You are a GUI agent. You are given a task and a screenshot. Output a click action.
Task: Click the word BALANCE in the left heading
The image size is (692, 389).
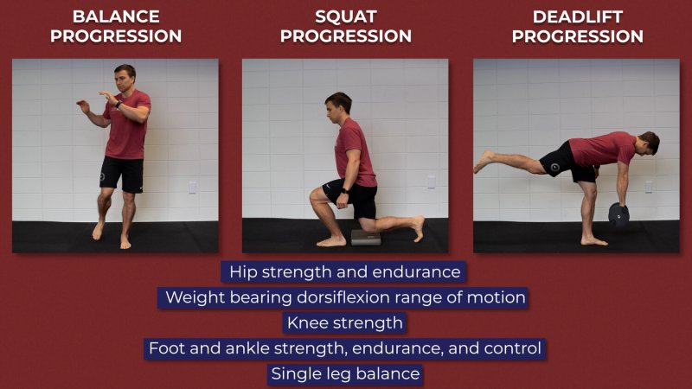[x=116, y=16]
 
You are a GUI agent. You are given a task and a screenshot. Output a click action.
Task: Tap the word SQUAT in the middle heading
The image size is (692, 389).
[x=346, y=16]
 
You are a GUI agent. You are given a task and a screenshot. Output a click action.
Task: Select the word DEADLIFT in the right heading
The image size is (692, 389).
[x=578, y=16]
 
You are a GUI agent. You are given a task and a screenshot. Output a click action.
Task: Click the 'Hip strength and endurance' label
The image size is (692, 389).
[x=344, y=272]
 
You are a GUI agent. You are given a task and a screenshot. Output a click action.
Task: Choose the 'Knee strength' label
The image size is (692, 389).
[x=344, y=322]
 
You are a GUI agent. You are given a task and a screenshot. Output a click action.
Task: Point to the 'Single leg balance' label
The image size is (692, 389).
[x=345, y=374]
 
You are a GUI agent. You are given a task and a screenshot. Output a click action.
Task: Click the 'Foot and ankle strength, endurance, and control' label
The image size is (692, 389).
[x=344, y=348]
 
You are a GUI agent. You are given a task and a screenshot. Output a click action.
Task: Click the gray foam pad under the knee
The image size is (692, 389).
[x=366, y=237]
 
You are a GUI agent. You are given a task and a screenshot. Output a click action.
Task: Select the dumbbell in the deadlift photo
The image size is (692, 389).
[x=618, y=214]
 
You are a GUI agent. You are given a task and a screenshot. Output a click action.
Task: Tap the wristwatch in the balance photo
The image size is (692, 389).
[x=118, y=104]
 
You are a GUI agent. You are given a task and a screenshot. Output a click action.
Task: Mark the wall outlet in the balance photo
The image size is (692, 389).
[x=192, y=188]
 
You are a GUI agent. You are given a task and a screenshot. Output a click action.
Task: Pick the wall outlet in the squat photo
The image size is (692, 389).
[x=432, y=182]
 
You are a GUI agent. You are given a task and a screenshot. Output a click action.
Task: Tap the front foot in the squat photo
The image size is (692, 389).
[x=331, y=241]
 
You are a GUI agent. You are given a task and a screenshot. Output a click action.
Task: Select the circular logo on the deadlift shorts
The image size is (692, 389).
[x=555, y=167]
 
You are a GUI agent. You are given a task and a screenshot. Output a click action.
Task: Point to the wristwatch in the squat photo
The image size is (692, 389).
[x=344, y=191]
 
